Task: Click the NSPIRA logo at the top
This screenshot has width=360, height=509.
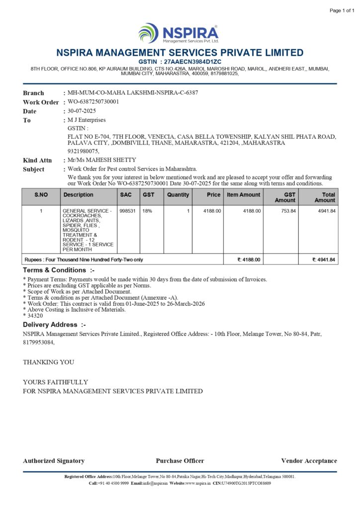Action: [x=179, y=33]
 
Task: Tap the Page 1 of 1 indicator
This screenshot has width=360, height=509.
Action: [x=342, y=10]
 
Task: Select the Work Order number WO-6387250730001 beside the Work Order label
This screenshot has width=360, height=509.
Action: [x=93, y=102]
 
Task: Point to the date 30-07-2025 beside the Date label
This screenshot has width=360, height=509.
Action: [x=82, y=111]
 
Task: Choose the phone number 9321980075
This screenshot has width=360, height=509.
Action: [x=83, y=151]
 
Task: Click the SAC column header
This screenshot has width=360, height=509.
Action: [x=126, y=195]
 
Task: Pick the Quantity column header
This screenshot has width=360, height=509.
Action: [x=178, y=195]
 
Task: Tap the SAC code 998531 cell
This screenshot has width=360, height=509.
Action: [x=126, y=211]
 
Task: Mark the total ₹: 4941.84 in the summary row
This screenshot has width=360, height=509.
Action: [x=324, y=259]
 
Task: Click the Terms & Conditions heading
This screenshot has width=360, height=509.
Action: [x=59, y=270]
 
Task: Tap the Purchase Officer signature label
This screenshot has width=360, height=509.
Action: [x=180, y=461]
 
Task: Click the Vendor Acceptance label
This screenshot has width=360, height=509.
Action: [x=309, y=461]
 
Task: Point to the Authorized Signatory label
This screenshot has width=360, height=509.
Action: [x=54, y=461]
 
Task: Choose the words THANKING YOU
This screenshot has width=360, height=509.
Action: [x=49, y=362]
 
